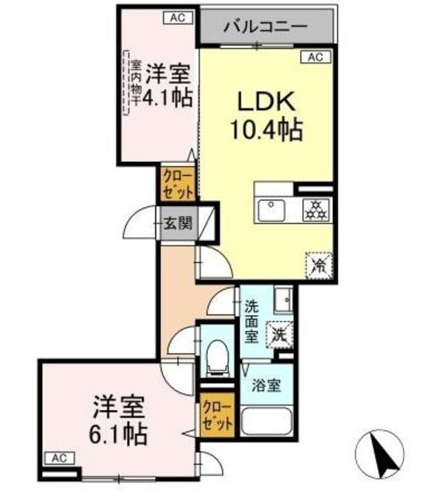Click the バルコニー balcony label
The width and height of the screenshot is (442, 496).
coord(266,26)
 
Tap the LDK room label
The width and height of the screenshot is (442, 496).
coord(265,101)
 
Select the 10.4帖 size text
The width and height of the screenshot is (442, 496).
coord(265,129)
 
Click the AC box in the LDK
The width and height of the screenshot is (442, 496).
coord(315,57)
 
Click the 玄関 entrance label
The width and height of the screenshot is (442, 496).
coord(177,224)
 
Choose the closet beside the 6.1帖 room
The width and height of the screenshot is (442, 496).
coord(216,415)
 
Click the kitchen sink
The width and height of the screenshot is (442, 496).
coord(274,208)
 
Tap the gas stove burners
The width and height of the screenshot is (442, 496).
coord(316,207)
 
